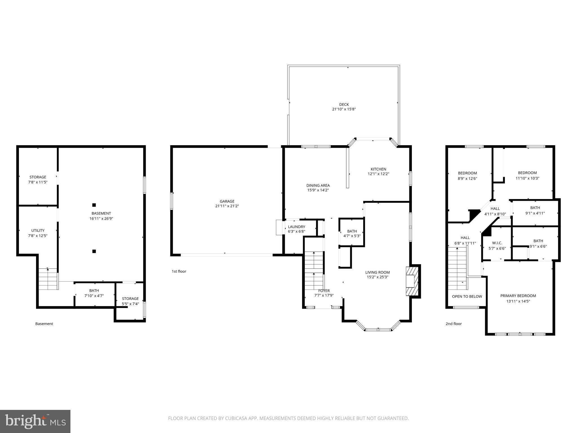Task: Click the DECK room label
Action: click(344, 105)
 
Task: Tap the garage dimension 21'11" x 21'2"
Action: click(227, 206)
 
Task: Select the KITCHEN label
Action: click(378, 169)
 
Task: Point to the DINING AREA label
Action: click(318, 185)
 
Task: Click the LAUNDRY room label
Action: click(296, 227)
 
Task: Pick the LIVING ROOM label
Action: click(377, 272)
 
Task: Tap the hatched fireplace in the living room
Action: click(412, 281)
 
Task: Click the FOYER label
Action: click(324, 291)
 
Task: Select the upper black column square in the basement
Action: click(94, 205)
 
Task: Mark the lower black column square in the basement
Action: click(94, 251)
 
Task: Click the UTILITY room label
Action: click(38, 231)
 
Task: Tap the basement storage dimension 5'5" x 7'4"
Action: click(130, 304)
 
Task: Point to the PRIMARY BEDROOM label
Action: click(518, 296)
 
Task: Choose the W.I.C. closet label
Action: click(497, 243)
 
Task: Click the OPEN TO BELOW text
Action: click(467, 297)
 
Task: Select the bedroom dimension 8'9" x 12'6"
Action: click(467, 178)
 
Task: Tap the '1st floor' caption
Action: click(179, 271)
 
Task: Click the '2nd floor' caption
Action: click(453, 324)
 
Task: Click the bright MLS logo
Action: click(35, 421)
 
